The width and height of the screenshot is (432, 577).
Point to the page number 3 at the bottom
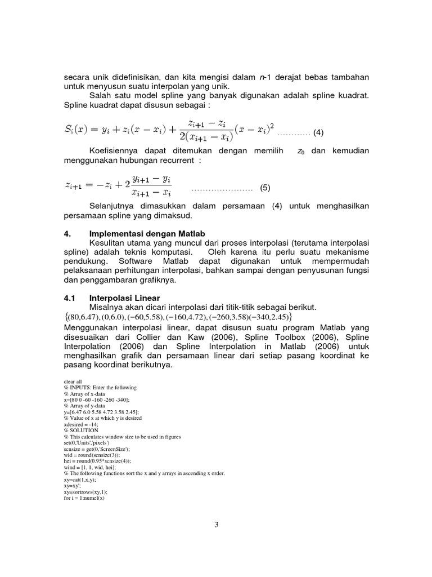coord(216,525)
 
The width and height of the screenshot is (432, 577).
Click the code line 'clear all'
coord(74,381)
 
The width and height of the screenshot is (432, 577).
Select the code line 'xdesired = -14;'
coord(82,425)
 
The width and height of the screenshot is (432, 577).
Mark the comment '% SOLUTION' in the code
coord(81,431)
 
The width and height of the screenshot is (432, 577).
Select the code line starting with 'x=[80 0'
coord(97,400)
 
